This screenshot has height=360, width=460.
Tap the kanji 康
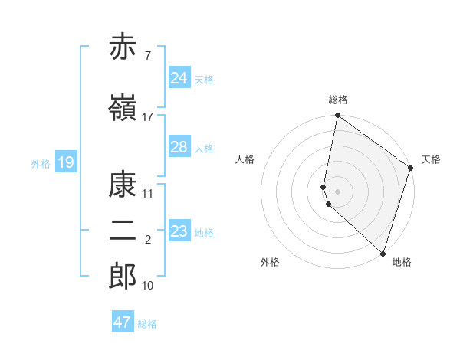pos(123,184)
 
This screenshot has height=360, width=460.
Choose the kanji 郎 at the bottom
pos(123,276)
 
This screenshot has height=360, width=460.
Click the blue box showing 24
pos(179,78)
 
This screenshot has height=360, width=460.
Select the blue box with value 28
pos(179,147)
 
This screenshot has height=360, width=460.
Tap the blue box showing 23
pos(179,231)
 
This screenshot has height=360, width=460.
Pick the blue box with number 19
pos(65,162)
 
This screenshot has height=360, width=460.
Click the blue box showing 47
pos(123,322)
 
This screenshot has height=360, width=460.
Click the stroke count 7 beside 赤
pos(147,57)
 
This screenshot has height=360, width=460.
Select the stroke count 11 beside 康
pos(147,193)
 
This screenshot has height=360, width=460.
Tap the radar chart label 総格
pos(338,100)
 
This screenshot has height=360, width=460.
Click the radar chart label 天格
pos(431,159)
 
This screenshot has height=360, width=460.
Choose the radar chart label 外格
pos(270,262)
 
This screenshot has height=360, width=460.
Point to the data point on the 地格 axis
pos(383,253)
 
